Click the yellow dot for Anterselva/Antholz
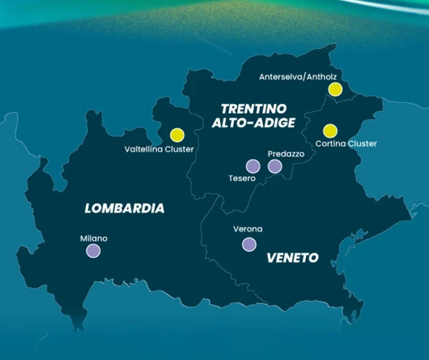[x=335, y=89]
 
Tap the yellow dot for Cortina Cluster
[x=330, y=130]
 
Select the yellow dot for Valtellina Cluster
[x=177, y=135]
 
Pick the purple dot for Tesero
[x=252, y=166]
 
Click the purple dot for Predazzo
[x=275, y=166]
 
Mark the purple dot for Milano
[x=93, y=250]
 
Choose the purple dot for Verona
[x=249, y=244]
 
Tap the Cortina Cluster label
[x=346, y=144]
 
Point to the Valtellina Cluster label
[x=159, y=149]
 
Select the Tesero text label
[x=240, y=179]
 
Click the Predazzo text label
[x=286, y=154]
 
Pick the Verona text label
[x=248, y=229]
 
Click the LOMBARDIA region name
[x=124, y=208]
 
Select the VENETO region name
[x=292, y=258]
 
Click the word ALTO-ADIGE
[x=254, y=123]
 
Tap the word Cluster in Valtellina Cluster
[x=178, y=149]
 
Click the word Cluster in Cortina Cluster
[x=362, y=144]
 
